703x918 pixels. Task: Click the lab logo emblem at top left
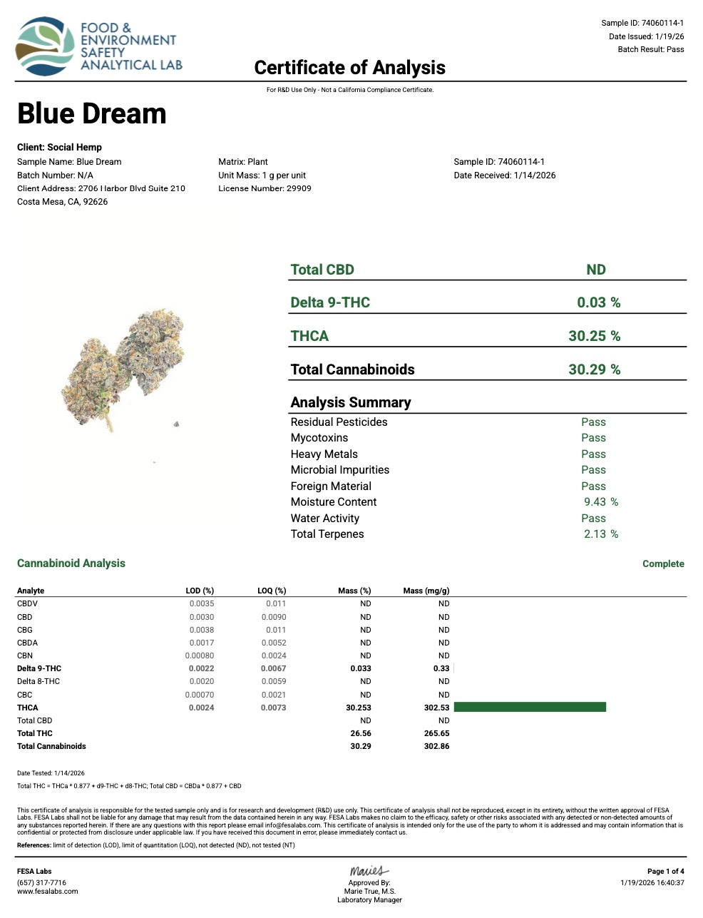tap(45, 46)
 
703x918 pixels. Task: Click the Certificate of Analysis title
tap(349, 68)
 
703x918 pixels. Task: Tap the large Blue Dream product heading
tap(91, 114)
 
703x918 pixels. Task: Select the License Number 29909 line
tap(265, 188)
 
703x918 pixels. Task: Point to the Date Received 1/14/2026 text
tap(504, 175)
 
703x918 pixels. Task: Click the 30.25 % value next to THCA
tap(594, 336)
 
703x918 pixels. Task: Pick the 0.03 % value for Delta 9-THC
tap(598, 302)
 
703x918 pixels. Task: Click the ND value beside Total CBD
tap(595, 270)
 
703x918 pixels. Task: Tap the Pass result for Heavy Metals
tap(593, 454)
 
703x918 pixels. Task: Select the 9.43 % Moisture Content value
tap(600, 502)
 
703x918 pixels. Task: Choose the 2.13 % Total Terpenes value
tap(600, 534)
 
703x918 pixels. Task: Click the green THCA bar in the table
tap(529, 707)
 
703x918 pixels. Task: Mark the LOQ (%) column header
tap(272, 591)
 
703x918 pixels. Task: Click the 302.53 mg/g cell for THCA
tap(436, 708)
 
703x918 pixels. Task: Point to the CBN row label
tap(25, 656)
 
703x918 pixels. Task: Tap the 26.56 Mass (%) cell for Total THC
tap(361, 733)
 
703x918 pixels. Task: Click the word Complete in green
tap(663, 563)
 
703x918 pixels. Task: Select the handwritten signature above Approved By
tap(369, 871)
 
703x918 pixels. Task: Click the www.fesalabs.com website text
tap(48, 892)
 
